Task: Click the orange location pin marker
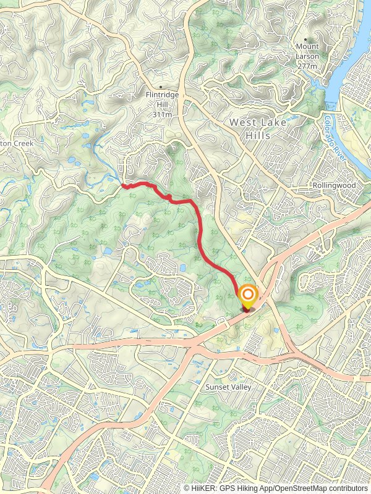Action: [x=247, y=296]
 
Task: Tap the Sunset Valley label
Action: [x=228, y=387]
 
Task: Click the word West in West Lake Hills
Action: [x=242, y=123]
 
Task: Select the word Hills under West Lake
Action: [x=258, y=135]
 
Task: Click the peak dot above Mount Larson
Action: [x=305, y=39]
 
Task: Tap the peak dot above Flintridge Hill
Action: [x=161, y=87]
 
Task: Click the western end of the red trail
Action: [x=123, y=185]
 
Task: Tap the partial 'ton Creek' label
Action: [x=12, y=143]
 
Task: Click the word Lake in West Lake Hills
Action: [x=273, y=123]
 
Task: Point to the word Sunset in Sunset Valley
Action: [x=217, y=387]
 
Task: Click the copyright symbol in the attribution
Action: [x=187, y=488]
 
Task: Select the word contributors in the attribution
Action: [x=347, y=488]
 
